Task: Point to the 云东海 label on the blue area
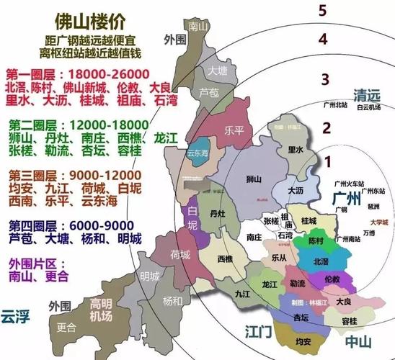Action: coord(198,153)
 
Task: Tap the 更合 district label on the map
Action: coord(66,326)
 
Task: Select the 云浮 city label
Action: coord(15,315)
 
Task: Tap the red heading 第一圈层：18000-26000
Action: coord(77,74)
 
